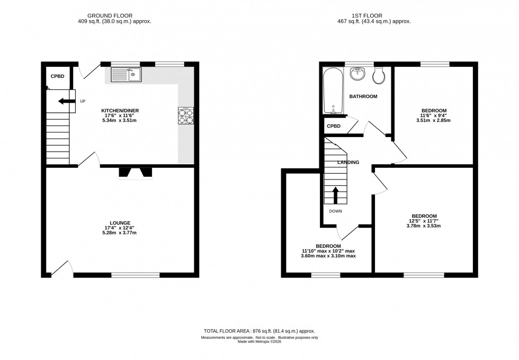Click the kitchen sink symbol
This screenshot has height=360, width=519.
point(126,75)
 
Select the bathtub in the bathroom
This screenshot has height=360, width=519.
point(334,91)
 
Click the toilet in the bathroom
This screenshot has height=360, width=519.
point(379,76)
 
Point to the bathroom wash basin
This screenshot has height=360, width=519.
point(359,74)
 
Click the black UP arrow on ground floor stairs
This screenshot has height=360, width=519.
point(65,102)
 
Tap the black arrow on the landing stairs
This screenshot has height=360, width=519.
point(335,195)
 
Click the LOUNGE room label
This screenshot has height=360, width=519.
point(120,223)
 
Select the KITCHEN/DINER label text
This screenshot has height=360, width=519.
point(120,111)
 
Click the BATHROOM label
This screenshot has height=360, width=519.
point(363,96)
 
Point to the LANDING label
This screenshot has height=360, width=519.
point(349,163)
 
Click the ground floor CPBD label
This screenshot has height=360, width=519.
point(57,77)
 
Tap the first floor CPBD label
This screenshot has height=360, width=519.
point(334,127)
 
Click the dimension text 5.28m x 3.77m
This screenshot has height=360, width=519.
point(120,233)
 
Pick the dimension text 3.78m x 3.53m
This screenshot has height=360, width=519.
point(424,226)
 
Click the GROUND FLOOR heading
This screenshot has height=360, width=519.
point(110,16)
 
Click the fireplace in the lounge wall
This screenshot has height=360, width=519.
point(135,173)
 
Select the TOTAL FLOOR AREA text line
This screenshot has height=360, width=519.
point(259,330)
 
